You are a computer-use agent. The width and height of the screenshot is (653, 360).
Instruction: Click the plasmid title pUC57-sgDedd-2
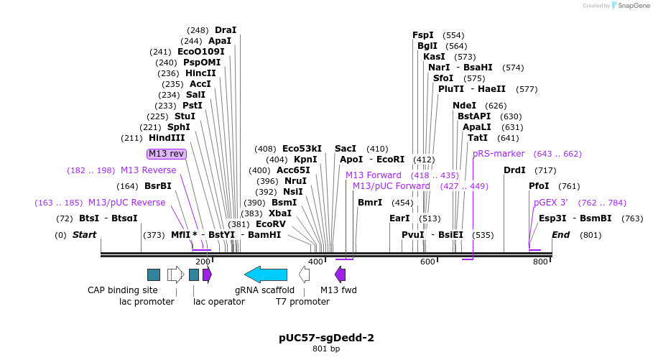pos(326,337)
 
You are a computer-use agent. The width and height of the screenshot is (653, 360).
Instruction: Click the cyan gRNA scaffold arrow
pos(266,274)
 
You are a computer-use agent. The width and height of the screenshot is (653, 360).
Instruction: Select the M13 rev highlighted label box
pos(167,154)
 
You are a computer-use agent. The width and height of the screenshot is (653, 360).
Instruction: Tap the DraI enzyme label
pos(225,30)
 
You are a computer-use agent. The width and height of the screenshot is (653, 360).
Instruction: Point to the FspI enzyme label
pos(423,34)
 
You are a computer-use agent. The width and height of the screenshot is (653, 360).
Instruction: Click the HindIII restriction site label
pos(167,138)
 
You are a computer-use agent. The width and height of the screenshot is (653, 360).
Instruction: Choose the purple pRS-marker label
pos(499,154)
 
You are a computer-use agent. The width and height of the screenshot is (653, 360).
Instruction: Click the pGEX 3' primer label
pos(551,203)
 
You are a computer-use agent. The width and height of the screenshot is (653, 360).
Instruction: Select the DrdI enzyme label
pos(514,170)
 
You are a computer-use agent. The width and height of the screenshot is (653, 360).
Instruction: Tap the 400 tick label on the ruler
pos(316,262)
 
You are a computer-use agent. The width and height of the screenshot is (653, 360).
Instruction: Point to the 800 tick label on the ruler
pos(540,262)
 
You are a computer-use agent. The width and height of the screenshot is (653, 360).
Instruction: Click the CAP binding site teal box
pos(154,274)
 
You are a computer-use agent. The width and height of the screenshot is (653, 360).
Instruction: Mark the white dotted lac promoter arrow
pos(175,274)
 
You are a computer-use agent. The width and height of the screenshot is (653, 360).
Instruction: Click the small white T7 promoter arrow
pos(305,274)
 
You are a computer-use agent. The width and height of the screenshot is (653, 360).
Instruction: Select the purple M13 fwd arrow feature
pos(341,274)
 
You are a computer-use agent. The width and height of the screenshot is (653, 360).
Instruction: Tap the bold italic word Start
pos(84,235)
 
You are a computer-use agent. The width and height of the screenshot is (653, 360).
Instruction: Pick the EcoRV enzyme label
pos(271,224)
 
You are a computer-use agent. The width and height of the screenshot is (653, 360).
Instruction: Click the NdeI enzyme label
pos(465,105)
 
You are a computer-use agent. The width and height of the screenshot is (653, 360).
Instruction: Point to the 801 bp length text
pos(326,349)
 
